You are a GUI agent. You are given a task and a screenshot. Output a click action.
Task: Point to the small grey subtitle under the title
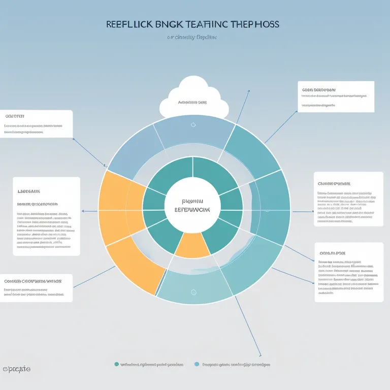192,37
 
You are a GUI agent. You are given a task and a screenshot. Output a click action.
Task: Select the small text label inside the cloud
192,102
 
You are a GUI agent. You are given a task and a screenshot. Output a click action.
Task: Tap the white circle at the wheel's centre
192,206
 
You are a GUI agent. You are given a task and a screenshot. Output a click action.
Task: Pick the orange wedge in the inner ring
192,245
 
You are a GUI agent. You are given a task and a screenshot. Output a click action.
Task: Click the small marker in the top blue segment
193,124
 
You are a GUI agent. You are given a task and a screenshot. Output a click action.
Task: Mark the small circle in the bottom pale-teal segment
193,292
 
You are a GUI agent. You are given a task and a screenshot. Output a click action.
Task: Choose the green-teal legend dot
117,364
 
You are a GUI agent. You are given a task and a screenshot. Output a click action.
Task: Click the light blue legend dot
197,364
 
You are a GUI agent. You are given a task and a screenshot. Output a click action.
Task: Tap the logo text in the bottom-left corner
17,369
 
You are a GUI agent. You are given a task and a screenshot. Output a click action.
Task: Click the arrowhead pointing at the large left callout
83,211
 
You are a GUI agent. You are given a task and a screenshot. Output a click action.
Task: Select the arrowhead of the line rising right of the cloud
249,91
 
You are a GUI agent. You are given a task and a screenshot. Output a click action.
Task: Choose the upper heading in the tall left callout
28,191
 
